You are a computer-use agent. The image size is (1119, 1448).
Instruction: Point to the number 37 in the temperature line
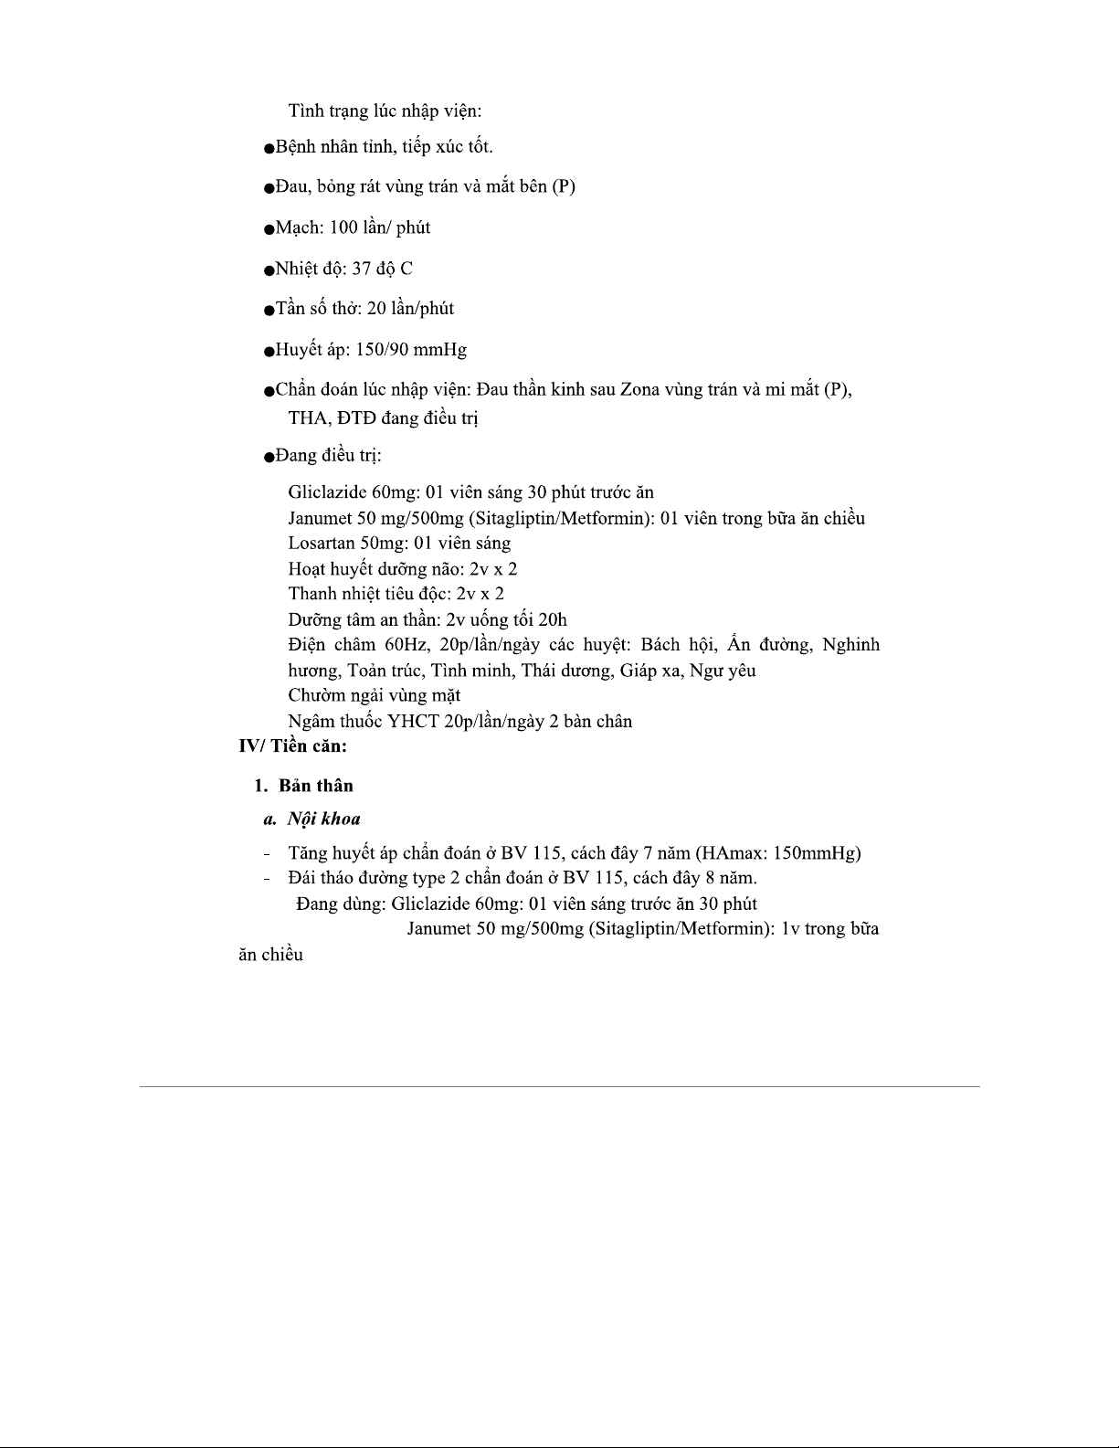(362, 269)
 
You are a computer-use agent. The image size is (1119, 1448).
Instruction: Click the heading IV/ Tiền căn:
(292, 746)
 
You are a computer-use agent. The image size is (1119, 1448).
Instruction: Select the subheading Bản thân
(316, 786)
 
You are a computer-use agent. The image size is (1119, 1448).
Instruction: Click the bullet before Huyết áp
(269, 352)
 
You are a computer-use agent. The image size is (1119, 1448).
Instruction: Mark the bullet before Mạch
(269, 229)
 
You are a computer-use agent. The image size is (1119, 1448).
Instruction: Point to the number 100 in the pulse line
(344, 227)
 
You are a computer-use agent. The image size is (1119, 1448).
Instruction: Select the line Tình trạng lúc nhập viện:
(385, 111)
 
